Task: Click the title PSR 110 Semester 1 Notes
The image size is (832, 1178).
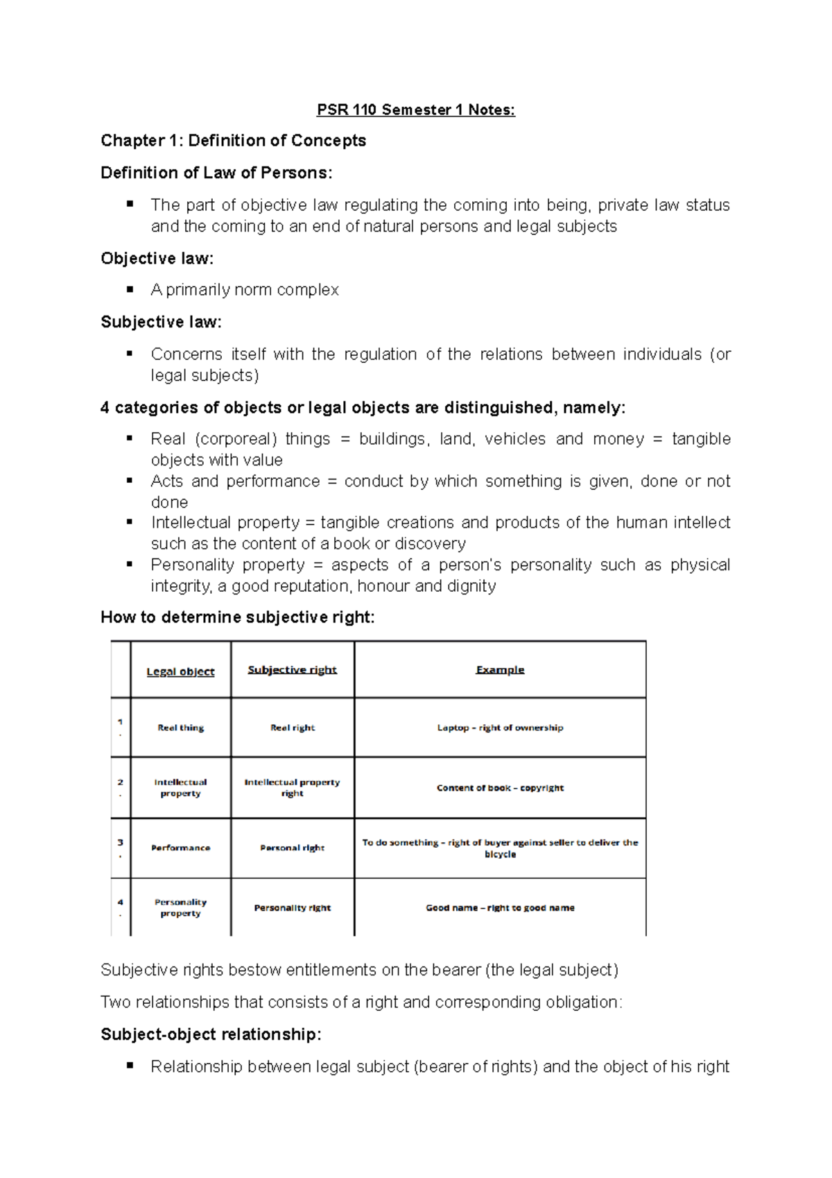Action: point(415,110)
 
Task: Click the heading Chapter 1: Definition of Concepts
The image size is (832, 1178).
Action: point(233,141)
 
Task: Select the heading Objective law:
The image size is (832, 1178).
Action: point(157,259)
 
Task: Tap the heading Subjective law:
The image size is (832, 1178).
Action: point(161,322)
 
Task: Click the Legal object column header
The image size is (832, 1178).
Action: point(180,672)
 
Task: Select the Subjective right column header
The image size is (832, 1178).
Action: point(292,669)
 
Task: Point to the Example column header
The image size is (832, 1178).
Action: point(500,669)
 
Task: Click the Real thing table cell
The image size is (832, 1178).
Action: point(180,728)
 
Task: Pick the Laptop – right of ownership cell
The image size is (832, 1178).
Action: point(500,728)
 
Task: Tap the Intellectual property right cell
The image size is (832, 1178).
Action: point(292,787)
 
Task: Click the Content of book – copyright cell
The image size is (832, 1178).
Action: point(500,788)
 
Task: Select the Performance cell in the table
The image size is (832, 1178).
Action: point(180,848)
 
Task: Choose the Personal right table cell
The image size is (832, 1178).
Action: point(292,848)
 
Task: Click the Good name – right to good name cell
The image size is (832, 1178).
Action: point(500,907)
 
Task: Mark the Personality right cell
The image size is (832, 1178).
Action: point(292,907)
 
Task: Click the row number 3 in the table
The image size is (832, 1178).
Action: point(120,842)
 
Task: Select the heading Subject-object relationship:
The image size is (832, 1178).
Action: point(211,1034)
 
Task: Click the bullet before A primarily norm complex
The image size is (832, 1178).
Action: point(130,289)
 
